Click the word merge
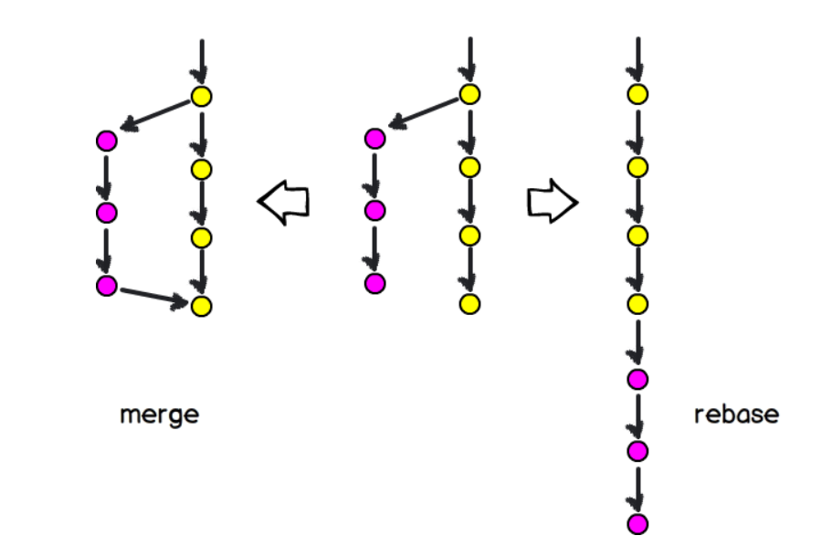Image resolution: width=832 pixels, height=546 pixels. (159, 415)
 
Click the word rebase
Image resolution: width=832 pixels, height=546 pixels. (736, 414)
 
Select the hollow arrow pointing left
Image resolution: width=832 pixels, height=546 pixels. (284, 201)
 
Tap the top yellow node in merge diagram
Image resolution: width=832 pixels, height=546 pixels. (202, 96)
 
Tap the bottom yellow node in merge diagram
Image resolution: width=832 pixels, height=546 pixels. (202, 305)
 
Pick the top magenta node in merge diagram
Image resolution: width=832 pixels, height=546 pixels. (107, 141)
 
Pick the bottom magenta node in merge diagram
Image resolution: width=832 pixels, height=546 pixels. (107, 285)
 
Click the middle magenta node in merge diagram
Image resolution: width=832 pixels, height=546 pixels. (107, 213)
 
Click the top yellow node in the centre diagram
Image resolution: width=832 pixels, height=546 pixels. (469, 94)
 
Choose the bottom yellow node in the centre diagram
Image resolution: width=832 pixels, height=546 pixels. (469, 303)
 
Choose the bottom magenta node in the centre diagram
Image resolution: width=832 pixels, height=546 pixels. (374, 283)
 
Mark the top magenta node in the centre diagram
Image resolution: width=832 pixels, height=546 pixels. (374, 139)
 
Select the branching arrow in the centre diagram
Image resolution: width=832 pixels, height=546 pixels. (423, 114)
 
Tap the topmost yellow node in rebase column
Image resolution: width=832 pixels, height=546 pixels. (638, 94)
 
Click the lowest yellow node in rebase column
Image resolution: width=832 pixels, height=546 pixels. (638, 303)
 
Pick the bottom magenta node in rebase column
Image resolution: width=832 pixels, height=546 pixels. (638, 523)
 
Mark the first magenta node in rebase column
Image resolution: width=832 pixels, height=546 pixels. (638, 378)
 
